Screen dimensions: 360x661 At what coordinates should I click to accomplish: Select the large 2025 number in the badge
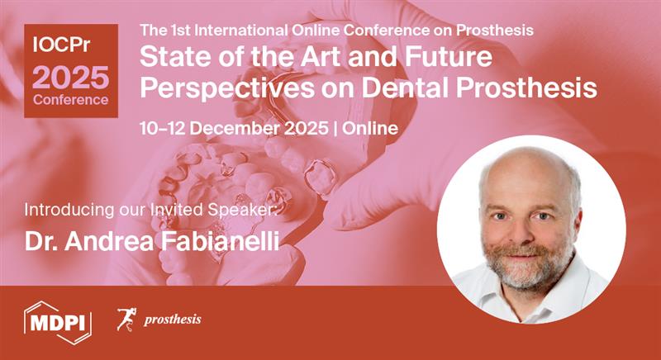70,77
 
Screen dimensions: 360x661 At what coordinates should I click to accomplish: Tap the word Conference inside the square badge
70,100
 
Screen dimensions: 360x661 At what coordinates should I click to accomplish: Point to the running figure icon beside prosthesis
126,319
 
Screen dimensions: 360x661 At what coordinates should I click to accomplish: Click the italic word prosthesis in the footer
172,320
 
